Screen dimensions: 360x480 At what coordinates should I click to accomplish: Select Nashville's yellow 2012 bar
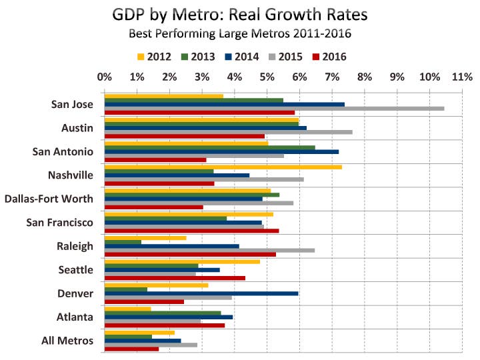(223, 167)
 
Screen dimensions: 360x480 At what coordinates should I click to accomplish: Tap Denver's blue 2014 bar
(201, 293)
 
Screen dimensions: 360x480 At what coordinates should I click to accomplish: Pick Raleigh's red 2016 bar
(190, 254)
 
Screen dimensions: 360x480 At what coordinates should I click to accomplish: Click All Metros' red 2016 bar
(132, 349)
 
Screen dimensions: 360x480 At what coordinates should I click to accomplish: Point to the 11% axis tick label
(462, 77)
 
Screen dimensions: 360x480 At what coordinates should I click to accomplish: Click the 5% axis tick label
(267, 77)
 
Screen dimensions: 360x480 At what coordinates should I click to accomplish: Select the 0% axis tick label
(105, 77)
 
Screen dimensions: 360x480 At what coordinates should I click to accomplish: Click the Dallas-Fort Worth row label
(49, 198)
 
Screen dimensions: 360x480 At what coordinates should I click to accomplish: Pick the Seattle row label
(76, 270)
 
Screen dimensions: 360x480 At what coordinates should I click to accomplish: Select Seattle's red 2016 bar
(175, 277)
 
